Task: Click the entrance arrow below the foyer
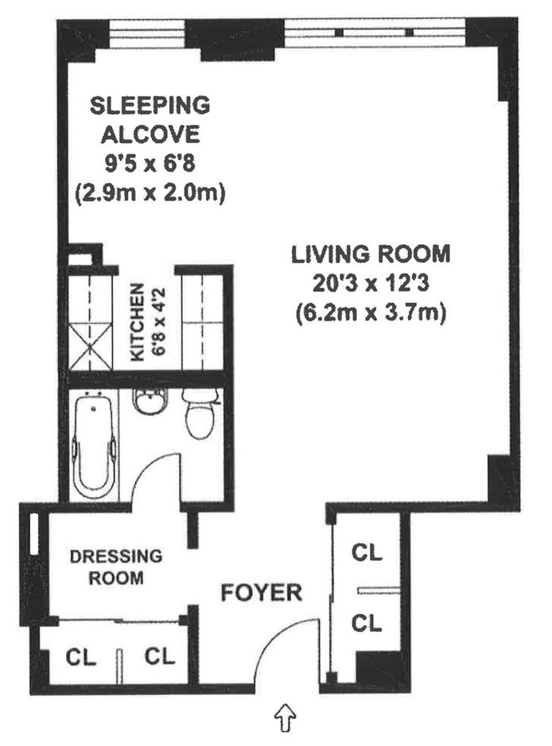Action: point(285,717)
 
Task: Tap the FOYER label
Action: point(261,593)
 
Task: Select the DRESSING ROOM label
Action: point(116,567)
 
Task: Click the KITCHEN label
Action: point(138,322)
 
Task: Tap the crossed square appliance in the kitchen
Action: point(91,345)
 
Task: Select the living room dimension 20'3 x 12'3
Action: point(371,284)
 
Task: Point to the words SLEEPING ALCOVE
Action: point(150,120)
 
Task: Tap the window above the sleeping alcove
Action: point(146,34)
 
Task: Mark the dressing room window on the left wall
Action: point(34,534)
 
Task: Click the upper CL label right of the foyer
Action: point(367,553)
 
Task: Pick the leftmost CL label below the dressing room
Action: point(81,658)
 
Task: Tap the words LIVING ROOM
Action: point(371,254)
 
